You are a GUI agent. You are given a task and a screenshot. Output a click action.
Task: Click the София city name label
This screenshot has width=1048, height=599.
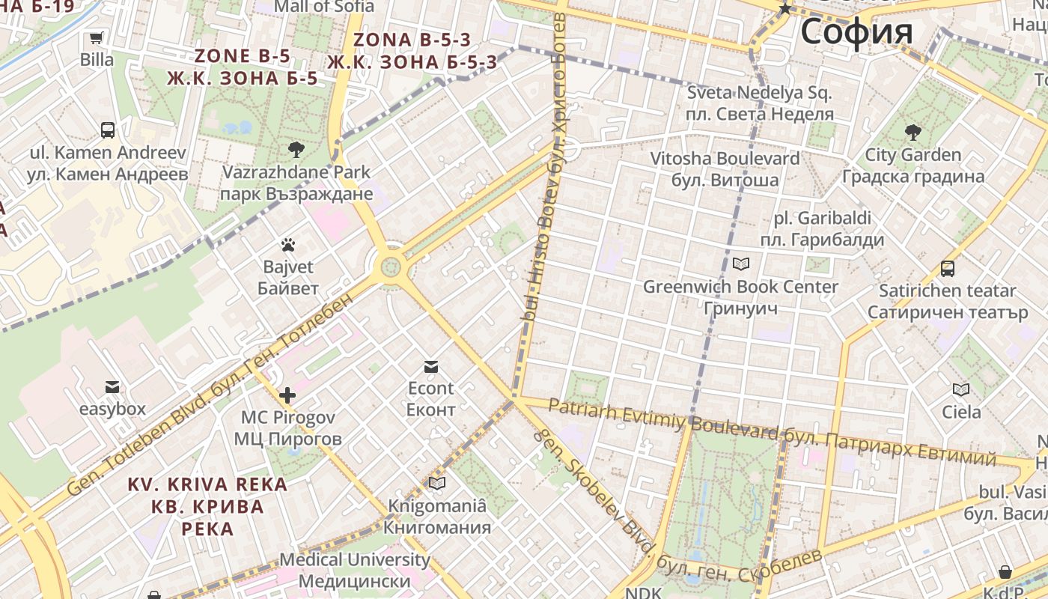pyautogui.click(x=856, y=32)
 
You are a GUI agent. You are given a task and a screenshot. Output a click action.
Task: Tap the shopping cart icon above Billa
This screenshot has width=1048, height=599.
pyautogui.click(x=97, y=38)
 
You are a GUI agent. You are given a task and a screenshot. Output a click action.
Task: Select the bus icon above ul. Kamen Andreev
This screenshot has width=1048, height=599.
pyautogui.click(x=108, y=130)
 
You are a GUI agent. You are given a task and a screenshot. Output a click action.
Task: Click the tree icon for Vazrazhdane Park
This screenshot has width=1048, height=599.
pyautogui.click(x=296, y=149)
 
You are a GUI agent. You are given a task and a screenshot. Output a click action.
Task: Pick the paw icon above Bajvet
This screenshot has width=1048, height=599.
pyautogui.click(x=288, y=245)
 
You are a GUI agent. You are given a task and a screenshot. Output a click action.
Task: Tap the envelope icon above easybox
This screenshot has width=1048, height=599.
pyautogui.click(x=112, y=387)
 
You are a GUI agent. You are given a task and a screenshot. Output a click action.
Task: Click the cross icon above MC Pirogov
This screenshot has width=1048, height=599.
pyautogui.click(x=287, y=395)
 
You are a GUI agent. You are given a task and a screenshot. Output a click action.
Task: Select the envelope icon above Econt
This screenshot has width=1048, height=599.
pyautogui.click(x=430, y=366)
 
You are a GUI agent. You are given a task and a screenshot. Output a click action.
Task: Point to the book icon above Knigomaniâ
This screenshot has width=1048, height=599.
pyautogui.click(x=437, y=484)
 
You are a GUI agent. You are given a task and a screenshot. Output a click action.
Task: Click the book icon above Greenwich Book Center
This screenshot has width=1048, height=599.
pyautogui.click(x=741, y=264)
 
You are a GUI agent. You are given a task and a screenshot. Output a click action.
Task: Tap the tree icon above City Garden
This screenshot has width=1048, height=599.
pyautogui.click(x=913, y=133)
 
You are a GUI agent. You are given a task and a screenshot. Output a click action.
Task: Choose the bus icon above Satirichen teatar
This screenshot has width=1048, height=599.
pyautogui.click(x=948, y=269)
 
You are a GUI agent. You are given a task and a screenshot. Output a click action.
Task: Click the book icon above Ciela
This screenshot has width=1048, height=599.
pyautogui.click(x=961, y=389)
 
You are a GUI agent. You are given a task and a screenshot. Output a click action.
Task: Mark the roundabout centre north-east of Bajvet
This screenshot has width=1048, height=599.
pyautogui.click(x=390, y=266)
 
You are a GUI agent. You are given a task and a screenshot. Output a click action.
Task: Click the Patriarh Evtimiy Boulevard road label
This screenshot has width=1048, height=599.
pyautogui.click(x=662, y=419)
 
